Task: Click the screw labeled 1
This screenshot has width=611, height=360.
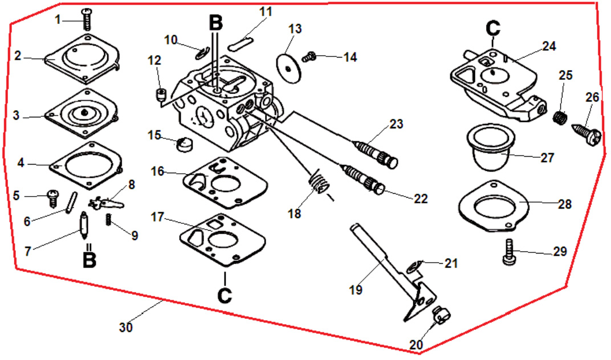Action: [x=87, y=19]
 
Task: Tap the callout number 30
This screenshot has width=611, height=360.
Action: [x=126, y=328]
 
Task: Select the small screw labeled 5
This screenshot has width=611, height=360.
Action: [x=52, y=198]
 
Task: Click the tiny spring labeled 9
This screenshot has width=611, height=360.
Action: [x=108, y=220]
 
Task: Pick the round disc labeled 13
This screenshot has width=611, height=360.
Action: [x=289, y=68]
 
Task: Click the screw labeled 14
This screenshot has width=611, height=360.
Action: [x=308, y=57]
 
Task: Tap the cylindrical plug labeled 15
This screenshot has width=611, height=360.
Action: [x=185, y=145]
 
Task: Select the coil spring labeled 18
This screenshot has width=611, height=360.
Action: [x=320, y=181]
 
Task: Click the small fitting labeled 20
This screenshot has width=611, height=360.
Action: [x=442, y=315]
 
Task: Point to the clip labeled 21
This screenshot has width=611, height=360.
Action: [x=413, y=267]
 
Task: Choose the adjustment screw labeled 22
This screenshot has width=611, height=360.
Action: [x=363, y=178]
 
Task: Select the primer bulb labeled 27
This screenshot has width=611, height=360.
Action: [x=491, y=148]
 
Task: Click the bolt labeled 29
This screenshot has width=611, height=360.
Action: [x=509, y=252]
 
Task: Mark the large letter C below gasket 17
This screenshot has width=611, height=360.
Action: [x=225, y=295]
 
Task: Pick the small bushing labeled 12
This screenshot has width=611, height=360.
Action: [x=161, y=95]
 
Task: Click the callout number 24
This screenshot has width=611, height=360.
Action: [x=549, y=46]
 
